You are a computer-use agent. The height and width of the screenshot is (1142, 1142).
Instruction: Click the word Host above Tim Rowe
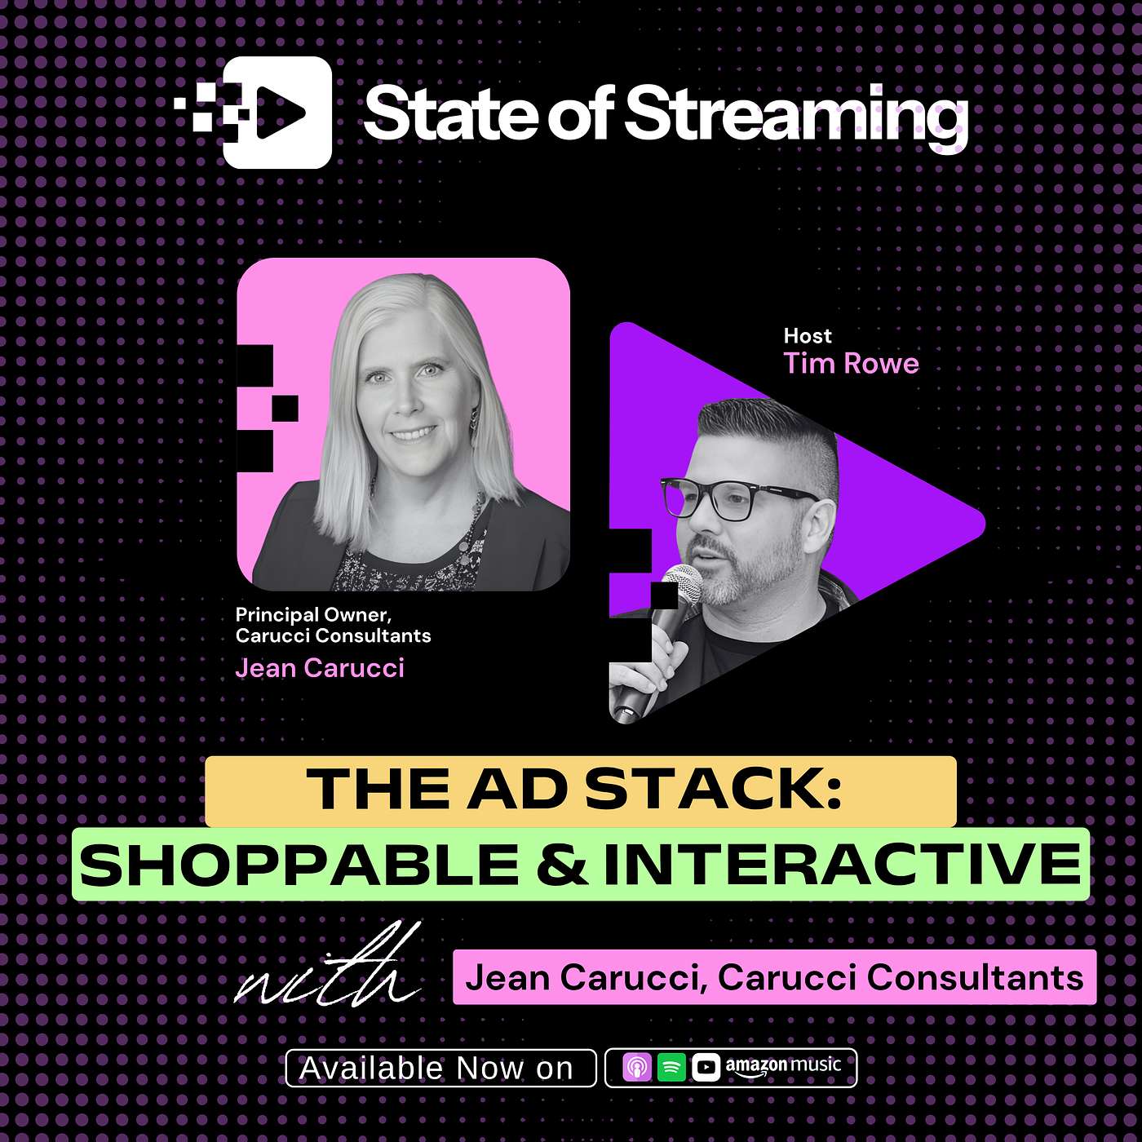click(x=808, y=336)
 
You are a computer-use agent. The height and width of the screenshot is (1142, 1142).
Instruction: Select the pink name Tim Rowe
click(x=851, y=364)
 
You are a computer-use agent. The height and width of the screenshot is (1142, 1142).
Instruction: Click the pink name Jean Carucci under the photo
click(x=320, y=668)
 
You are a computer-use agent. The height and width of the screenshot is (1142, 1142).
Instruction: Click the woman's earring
click(x=473, y=424)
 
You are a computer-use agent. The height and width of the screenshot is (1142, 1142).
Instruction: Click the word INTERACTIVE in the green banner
click(x=842, y=865)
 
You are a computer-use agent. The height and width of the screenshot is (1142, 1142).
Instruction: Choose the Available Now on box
click(x=440, y=1068)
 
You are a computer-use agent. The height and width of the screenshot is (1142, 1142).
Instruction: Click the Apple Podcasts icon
click(x=637, y=1068)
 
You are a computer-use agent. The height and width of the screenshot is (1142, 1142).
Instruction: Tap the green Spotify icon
click(x=671, y=1068)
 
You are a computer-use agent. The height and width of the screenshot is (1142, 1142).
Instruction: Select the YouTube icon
click(x=706, y=1068)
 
